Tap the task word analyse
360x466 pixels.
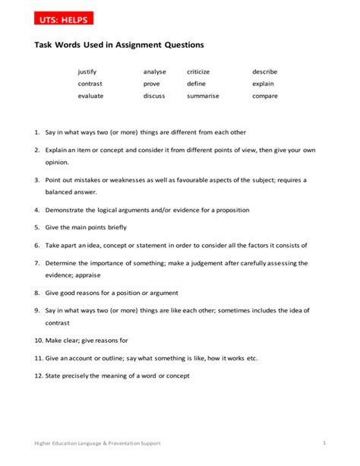click(x=154, y=71)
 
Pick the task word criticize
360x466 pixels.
click(x=198, y=71)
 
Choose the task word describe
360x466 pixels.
click(x=265, y=71)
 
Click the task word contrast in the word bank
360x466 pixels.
click(x=90, y=84)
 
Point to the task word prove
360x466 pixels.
click(x=152, y=84)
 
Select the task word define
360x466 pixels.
click(x=196, y=84)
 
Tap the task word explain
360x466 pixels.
click(x=264, y=84)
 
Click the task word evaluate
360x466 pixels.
click(x=90, y=96)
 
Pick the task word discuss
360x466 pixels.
click(x=154, y=96)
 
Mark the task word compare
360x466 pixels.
click(x=265, y=96)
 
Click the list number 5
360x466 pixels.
click(x=36, y=227)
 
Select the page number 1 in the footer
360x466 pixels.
click(x=324, y=442)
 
